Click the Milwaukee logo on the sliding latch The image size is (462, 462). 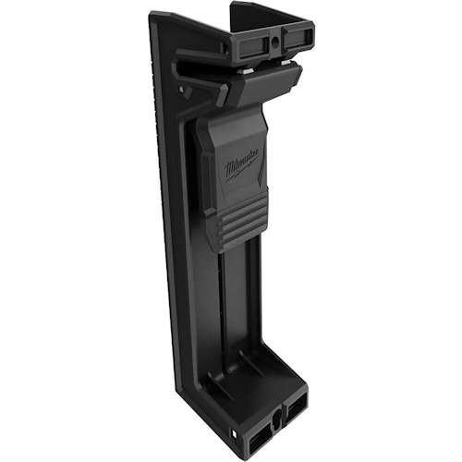coord(241,167)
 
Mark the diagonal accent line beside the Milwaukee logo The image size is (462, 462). coord(263,170)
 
